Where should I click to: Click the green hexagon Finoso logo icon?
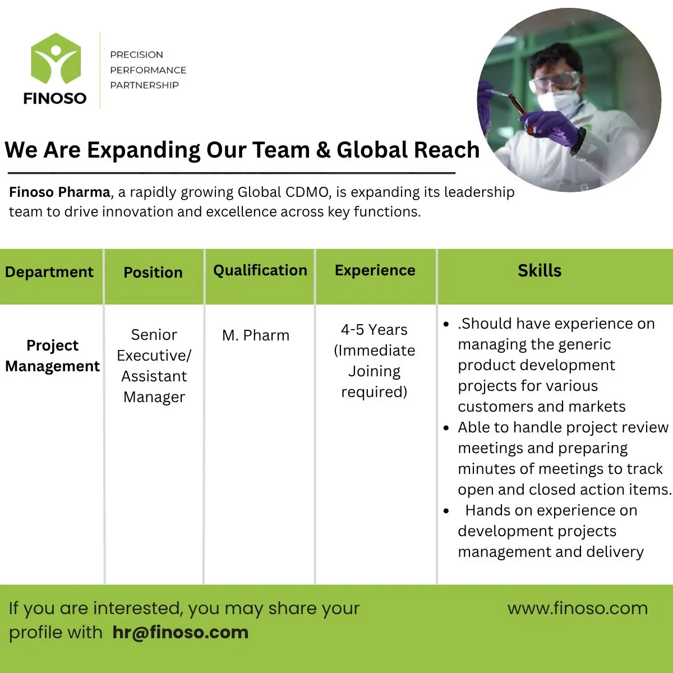click(55, 59)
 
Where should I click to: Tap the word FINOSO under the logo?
click(55, 98)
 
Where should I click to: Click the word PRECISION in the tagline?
click(136, 55)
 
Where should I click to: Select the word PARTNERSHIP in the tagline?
click(144, 85)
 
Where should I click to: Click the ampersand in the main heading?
click(323, 150)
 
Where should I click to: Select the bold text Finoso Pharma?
click(59, 192)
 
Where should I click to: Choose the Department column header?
click(49, 272)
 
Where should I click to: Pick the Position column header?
click(153, 273)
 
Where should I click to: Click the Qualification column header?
click(260, 270)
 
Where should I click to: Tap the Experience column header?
click(375, 270)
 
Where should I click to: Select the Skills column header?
click(539, 270)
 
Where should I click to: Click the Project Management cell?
click(52, 356)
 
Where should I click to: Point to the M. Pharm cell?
click(256, 335)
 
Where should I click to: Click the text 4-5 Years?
click(374, 330)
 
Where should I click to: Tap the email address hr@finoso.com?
click(180, 633)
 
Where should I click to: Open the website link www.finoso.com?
click(577, 609)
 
